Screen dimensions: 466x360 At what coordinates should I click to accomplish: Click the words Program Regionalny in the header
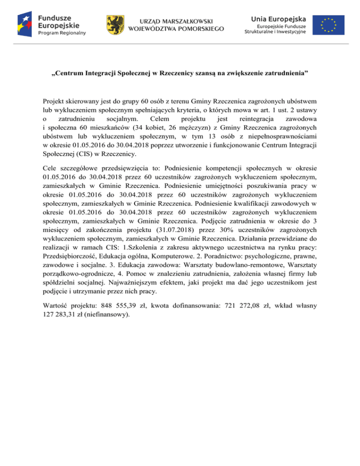pyautogui.click(x=59, y=33)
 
